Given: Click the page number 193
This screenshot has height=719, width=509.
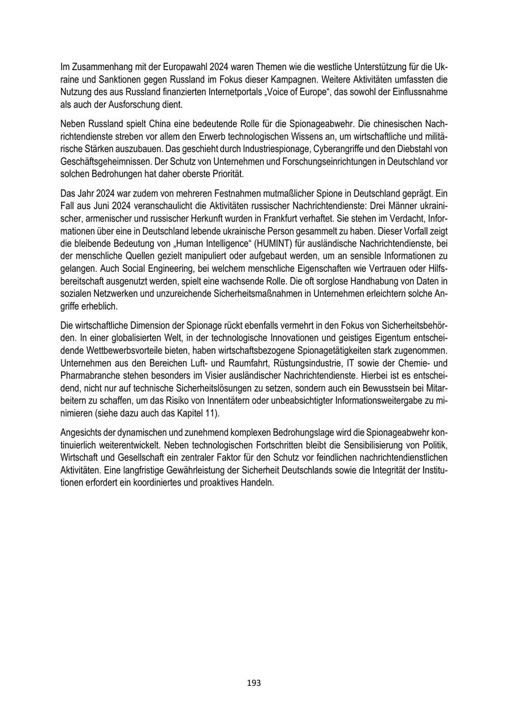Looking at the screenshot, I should [254, 683].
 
